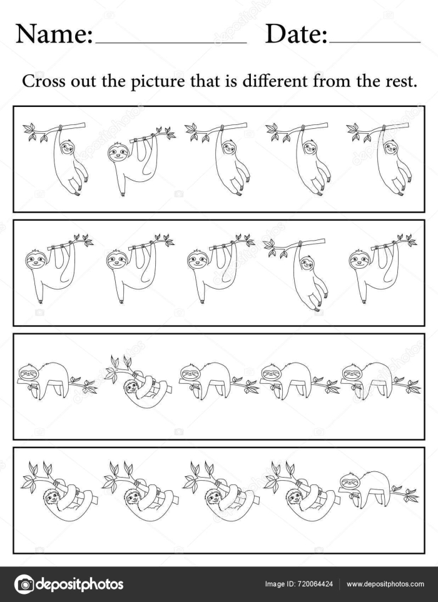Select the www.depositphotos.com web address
click(x=385, y=584)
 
